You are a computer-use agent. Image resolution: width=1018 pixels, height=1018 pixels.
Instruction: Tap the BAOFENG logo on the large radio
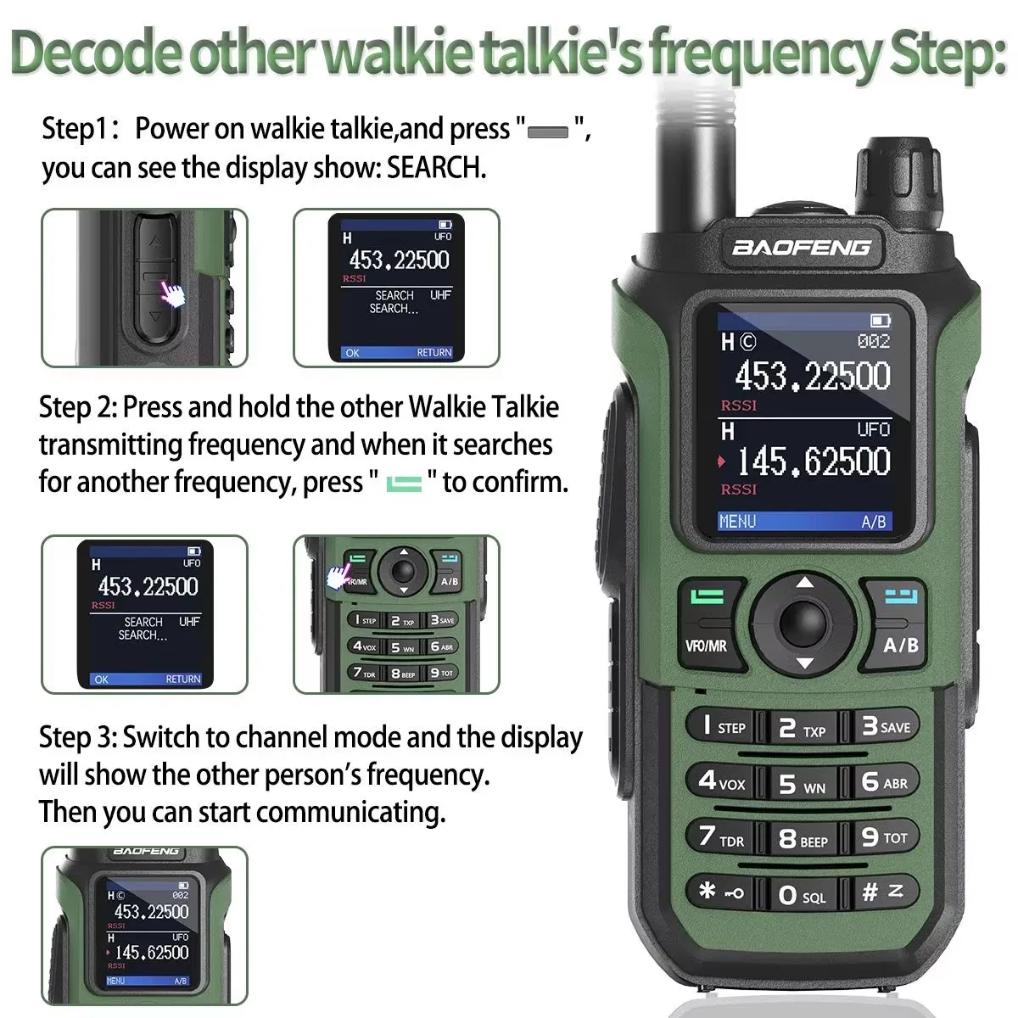[801, 248]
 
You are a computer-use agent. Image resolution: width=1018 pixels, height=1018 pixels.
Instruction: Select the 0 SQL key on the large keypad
[801, 895]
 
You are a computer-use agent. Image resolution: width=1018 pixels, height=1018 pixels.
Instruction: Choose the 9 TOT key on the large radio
[883, 837]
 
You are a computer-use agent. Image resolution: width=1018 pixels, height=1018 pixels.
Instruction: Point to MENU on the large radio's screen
[736, 521]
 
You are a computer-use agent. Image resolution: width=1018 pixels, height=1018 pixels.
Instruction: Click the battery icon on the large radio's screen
[880, 320]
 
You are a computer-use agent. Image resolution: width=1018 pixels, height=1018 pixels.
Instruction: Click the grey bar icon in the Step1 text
[548, 132]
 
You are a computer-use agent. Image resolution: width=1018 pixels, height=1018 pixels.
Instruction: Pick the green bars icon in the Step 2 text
[404, 484]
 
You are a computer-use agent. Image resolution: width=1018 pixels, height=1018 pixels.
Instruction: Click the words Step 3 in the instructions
[76, 737]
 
